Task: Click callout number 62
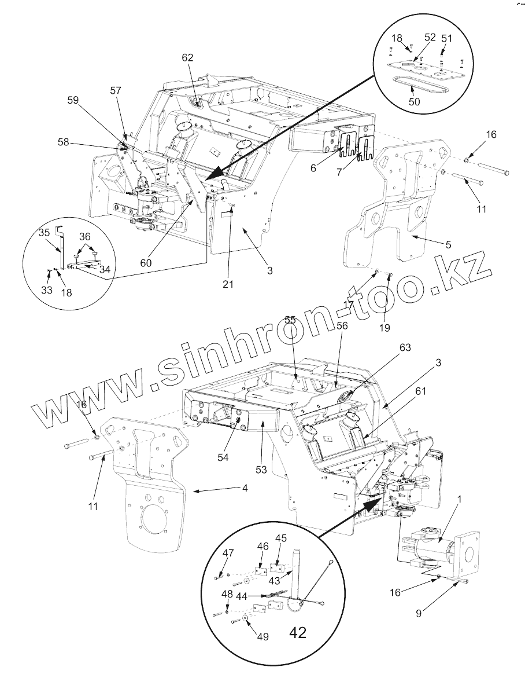coord(187,57)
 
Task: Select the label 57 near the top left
coord(116,90)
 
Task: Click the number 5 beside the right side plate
coord(448,244)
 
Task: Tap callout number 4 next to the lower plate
coord(245,489)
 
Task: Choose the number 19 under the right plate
coord(385,328)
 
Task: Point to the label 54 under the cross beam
coord(223,457)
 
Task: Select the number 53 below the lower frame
coord(262,470)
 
